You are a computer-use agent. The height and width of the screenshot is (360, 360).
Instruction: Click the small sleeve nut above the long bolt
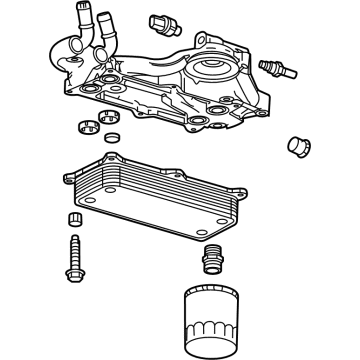click(x=72, y=221)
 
